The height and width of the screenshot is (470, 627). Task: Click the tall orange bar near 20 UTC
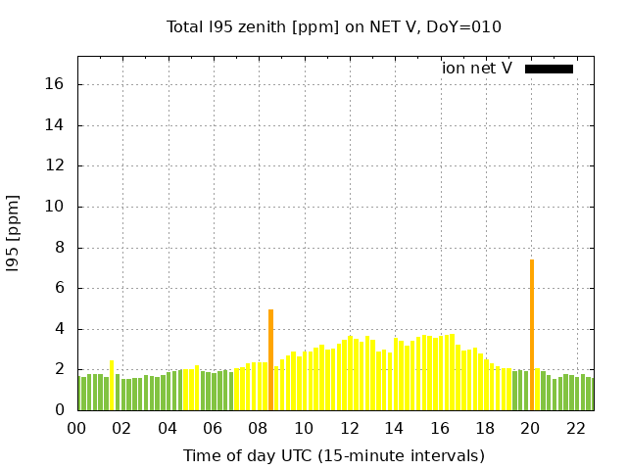pos(532,335)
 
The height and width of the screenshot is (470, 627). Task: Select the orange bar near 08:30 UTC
pos(270,360)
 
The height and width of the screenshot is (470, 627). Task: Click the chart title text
pos(333,26)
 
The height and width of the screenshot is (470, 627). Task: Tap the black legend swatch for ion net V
pos(549,69)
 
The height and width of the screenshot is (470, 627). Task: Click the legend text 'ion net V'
pos(477,69)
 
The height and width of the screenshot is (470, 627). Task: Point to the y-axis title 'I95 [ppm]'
pos(14,234)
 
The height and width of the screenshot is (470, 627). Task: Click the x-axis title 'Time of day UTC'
pos(333,455)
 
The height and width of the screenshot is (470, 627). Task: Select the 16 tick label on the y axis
pos(56,84)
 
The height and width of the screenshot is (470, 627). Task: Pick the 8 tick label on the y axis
pos(60,248)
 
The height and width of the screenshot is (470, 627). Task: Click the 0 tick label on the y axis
pos(60,411)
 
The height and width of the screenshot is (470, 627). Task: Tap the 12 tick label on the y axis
pos(56,166)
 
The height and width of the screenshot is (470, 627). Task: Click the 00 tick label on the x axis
pos(77,428)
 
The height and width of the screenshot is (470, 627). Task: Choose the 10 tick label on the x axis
pos(304,428)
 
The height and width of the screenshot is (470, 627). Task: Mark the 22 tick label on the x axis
pos(576,428)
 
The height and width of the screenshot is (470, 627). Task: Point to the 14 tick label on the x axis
pos(395,428)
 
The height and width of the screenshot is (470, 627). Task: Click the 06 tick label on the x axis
pos(214,428)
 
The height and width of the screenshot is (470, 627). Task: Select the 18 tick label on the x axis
pos(485,428)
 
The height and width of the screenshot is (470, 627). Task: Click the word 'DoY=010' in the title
pos(467,26)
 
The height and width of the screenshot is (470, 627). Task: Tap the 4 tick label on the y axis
pos(60,329)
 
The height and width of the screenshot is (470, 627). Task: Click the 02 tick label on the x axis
pos(122,428)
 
